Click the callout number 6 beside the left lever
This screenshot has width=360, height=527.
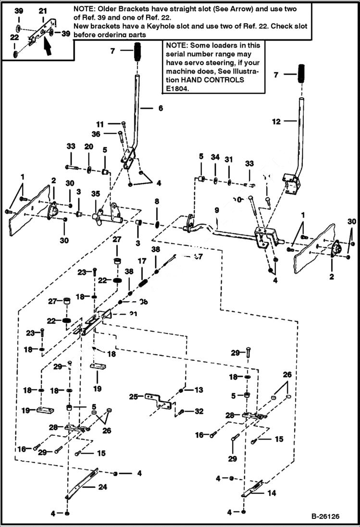[x=161, y=109]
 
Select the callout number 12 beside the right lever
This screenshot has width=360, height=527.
[x=276, y=122]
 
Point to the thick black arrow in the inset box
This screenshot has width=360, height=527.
[x=47, y=46]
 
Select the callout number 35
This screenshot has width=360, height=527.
[x=96, y=194]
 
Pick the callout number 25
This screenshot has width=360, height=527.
[x=134, y=396]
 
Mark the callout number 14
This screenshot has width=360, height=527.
[x=272, y=493]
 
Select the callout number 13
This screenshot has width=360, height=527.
[x=199, y=390]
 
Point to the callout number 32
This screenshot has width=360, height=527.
[x=199, y=411]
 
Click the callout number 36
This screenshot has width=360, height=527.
[x=97, y=134]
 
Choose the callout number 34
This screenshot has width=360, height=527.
[x=215, y=157]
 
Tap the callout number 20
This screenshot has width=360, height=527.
[x=89, y=146]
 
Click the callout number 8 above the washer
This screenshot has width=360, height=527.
[x=156, y=201]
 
